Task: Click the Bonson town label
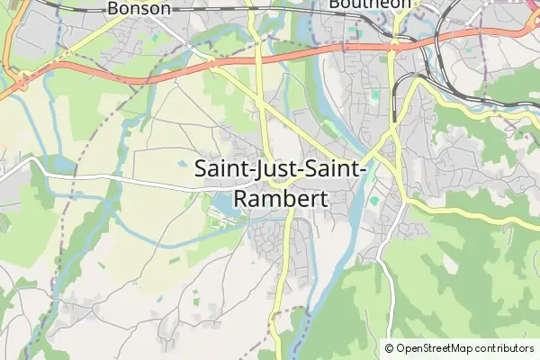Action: coord(139,8)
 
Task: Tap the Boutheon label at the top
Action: coord(369,4)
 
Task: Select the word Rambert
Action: coord(280,198)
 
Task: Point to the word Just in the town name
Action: coord(271,168)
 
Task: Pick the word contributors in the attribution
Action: coord(504,348)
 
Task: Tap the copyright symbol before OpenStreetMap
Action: coord(390,348)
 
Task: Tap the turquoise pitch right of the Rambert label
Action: coord(372,201)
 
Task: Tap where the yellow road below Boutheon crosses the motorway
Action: coord(393,40)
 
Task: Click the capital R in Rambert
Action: coord(240,198)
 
